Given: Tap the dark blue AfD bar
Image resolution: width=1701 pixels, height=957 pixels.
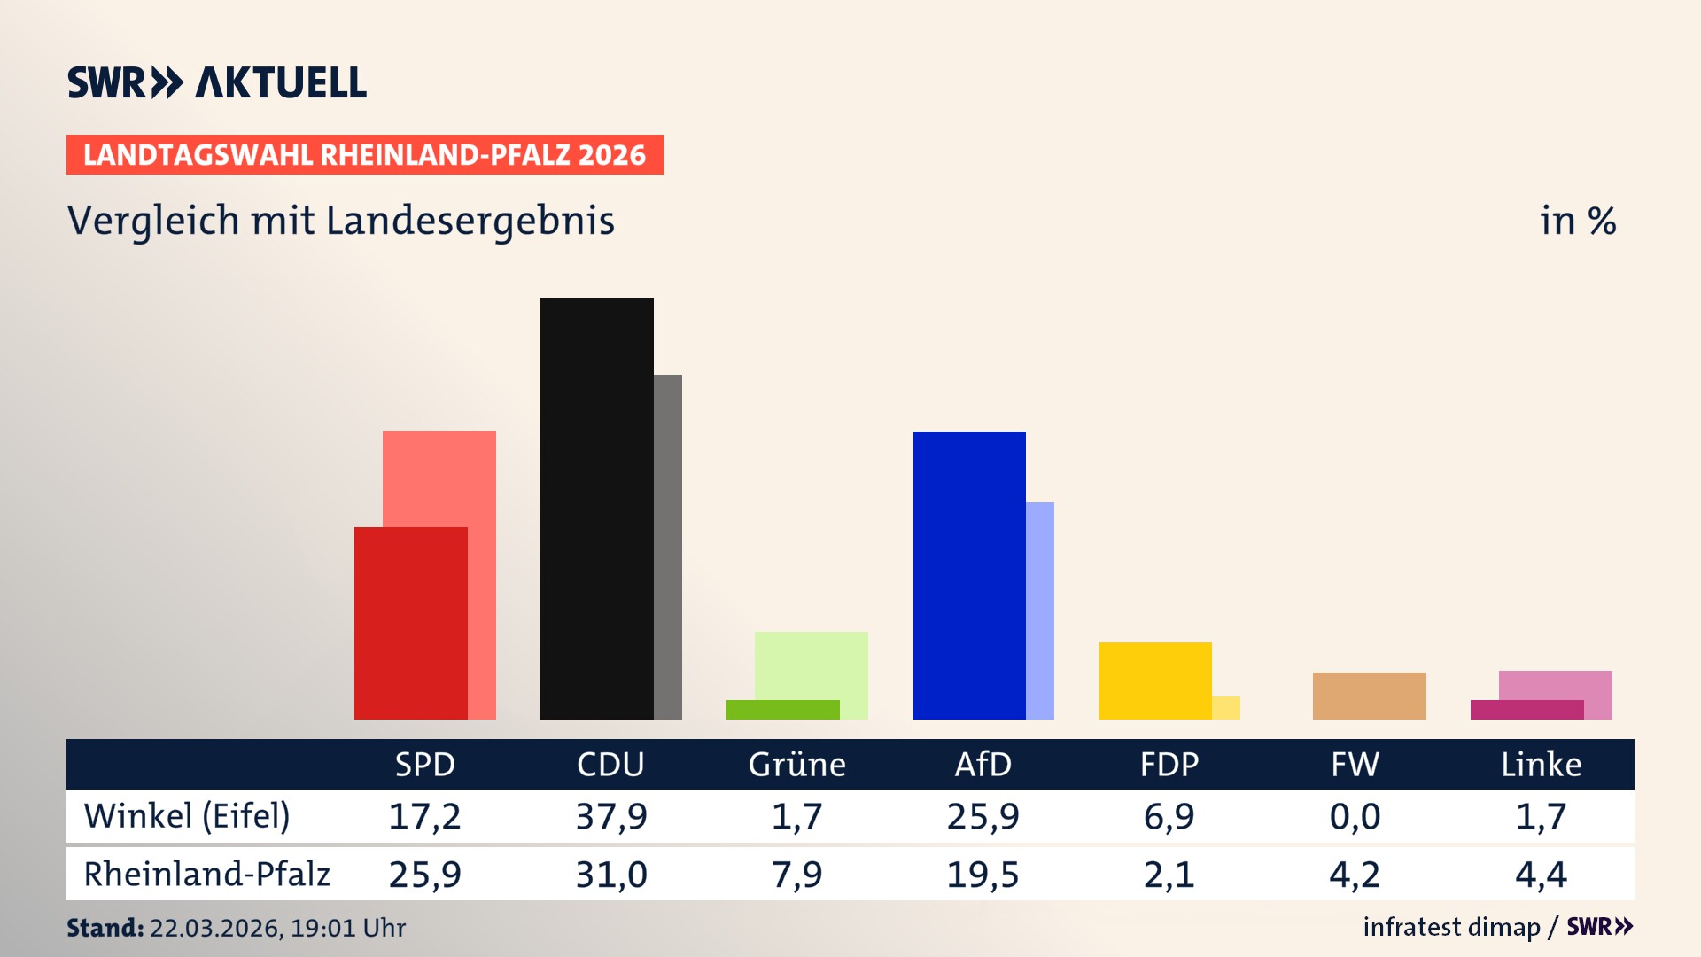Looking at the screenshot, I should point(968,575).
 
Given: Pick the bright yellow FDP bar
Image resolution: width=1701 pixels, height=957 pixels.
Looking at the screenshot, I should point(1154,681).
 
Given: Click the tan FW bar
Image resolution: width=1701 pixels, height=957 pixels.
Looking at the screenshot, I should point(1369,696).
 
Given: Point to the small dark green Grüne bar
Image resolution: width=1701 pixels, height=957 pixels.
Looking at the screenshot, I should point(782,710).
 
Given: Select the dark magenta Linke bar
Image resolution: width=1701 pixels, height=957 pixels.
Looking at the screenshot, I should point(1526,710).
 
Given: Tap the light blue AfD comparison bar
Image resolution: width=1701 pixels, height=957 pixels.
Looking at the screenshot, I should point(1040,611).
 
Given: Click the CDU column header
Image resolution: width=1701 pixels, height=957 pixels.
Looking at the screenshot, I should point(610,765).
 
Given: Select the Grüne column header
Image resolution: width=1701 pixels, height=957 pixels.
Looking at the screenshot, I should point(796,765).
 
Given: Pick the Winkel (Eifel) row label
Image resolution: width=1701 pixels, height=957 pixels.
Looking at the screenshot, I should point(187,816).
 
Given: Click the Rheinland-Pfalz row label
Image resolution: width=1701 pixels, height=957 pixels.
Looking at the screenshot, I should point(206,875).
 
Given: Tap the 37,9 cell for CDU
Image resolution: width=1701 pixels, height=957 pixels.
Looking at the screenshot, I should point(610,816).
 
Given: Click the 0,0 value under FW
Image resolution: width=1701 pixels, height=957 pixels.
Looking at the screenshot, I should point(1355,816).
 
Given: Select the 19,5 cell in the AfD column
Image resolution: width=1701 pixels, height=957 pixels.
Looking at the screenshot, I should point(983,875).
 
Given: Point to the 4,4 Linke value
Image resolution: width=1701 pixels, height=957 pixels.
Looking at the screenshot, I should point(1541,875).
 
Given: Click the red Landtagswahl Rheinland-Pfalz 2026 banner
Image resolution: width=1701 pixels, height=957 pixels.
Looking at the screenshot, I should point(365,155).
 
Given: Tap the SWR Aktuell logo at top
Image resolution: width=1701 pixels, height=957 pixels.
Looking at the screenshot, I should point(217,82).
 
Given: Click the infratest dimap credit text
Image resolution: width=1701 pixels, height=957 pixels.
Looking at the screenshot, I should point(1451,927).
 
